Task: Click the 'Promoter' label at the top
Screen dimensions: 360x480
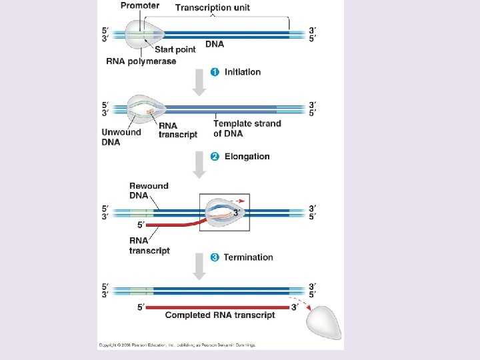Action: (139, 6)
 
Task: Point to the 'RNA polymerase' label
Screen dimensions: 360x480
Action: (141, 61)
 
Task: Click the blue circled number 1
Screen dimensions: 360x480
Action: (215, 72)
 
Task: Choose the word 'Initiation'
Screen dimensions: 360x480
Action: (243, 72)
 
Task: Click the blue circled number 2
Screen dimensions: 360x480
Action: (215, 157)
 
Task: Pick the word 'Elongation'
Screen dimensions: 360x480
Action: (247, 157)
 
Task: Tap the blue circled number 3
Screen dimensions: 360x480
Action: (215, 257)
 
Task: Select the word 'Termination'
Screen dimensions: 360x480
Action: (248, 257)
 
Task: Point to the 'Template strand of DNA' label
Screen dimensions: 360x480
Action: (247, 128)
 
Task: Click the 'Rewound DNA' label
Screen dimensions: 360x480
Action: (148, 191)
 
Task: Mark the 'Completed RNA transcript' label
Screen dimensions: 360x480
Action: (220, 315)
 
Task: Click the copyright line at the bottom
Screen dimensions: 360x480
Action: (177, 345)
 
